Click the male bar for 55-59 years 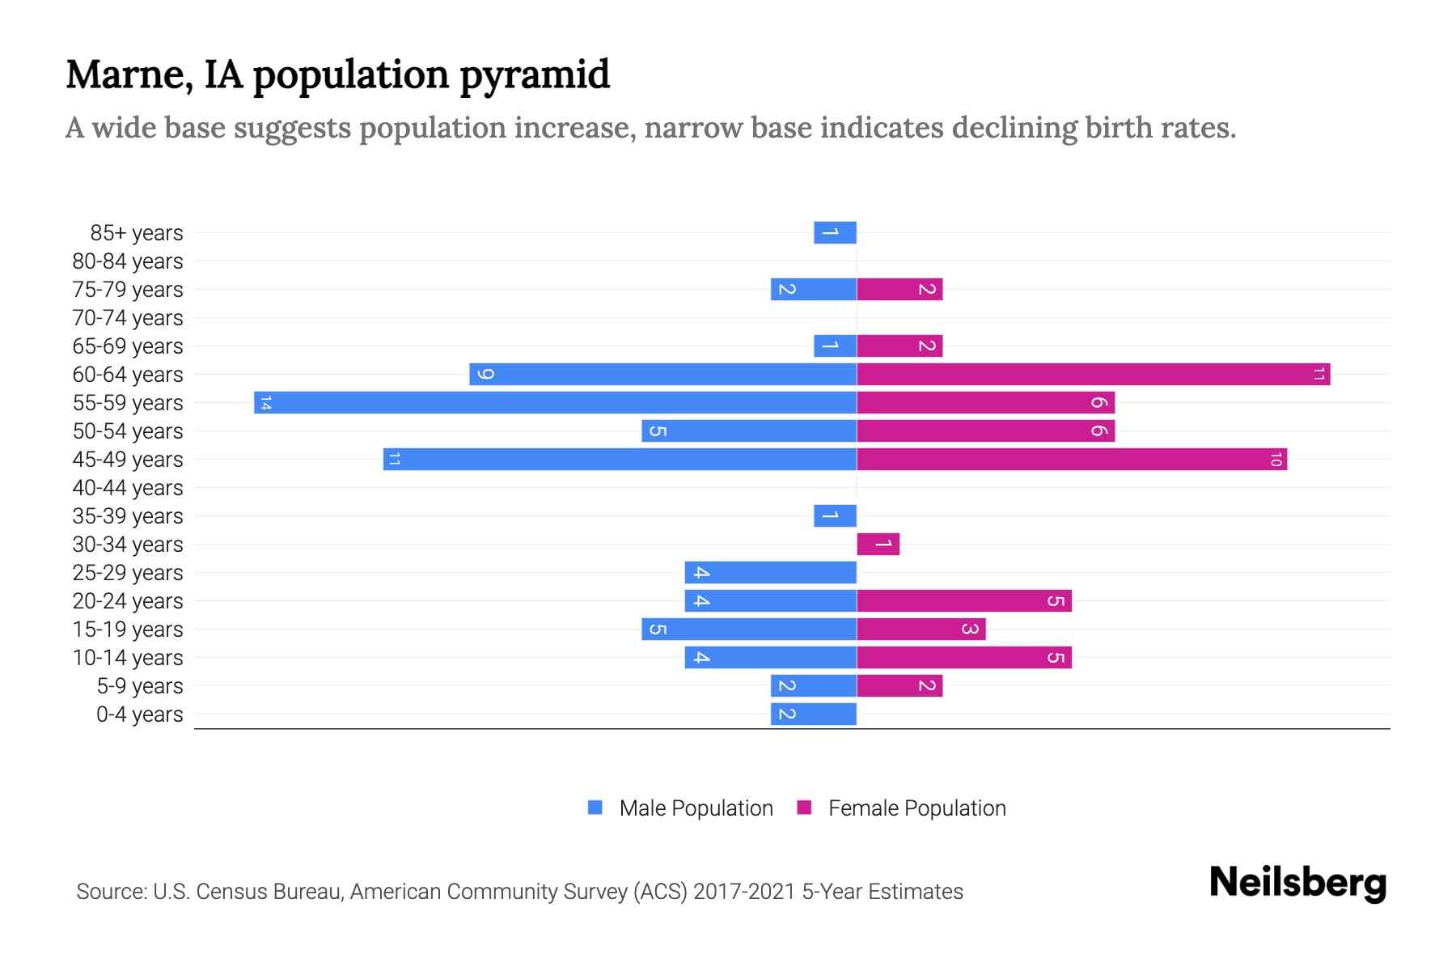tap(555, 402)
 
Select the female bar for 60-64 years tap(1093, 374)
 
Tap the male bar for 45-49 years tap(620, 459)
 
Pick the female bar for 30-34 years tap(878, 544)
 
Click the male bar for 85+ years tap(835, 232)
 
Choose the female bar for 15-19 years tap(921, 629)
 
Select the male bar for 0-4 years tap(813, 714)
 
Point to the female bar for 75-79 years tap(899, 289)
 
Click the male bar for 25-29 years tap(770, 572)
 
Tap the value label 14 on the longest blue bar tap(265, 403)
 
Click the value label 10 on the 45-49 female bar tap(1276, 460)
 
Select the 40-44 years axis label tap(128, 488)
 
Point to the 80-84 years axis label tap(128, 261)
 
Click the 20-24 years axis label tap(128, 601)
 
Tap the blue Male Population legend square tap(595, 808)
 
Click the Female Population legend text tap(916, 808)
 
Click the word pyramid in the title tap(535, 74)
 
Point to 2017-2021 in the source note tap(744, 892)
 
